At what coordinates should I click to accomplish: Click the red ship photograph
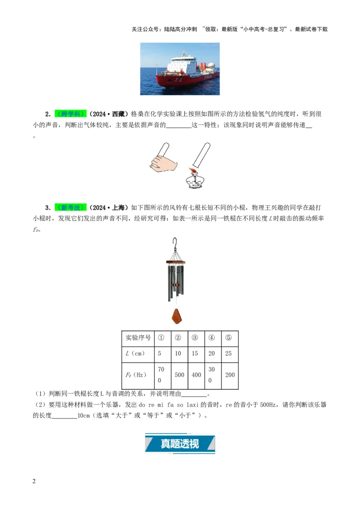[180, 68]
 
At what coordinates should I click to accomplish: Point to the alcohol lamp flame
[194, 171]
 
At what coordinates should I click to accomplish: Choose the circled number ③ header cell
[195, 338]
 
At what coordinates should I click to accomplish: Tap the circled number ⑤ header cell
[229, 338]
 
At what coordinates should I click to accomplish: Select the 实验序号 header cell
[138, 338]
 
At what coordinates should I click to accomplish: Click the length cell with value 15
[195, 353]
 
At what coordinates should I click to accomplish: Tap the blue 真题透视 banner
[180, 443]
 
